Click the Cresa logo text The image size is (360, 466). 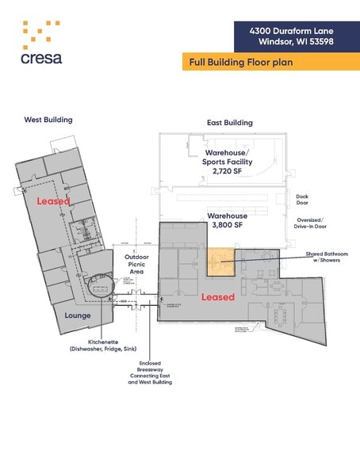[x=42, y=57]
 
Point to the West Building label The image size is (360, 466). [x=48, y=120]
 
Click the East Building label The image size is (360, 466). [x=229, y=123]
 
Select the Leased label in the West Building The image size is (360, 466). [x=53, y=201]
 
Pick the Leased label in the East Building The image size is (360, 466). [x=217, y=297]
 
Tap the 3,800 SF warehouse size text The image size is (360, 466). [x=228, y=224]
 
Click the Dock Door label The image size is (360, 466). [x=302, y=199]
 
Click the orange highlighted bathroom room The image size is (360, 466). [x=221, y=261]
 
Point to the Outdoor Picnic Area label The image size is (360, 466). [x=135, y=265]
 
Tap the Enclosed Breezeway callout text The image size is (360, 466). [x=151, y=372]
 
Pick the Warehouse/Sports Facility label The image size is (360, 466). [x=228, y=156]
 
